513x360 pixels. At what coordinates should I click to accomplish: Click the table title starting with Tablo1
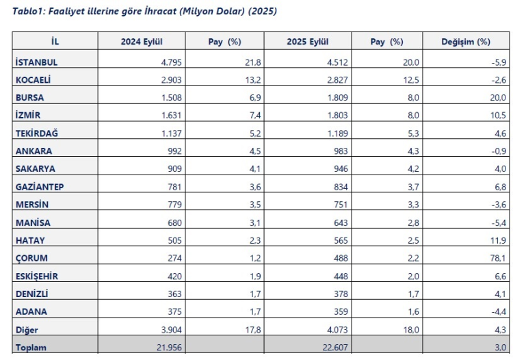pos(141,12)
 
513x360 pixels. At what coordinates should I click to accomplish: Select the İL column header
pos(55,42)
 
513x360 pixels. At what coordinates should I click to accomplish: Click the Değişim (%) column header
pos(466,42)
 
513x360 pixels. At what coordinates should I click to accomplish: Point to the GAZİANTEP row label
pos(40,168)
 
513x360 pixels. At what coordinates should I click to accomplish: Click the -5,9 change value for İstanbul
pos(499,62)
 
